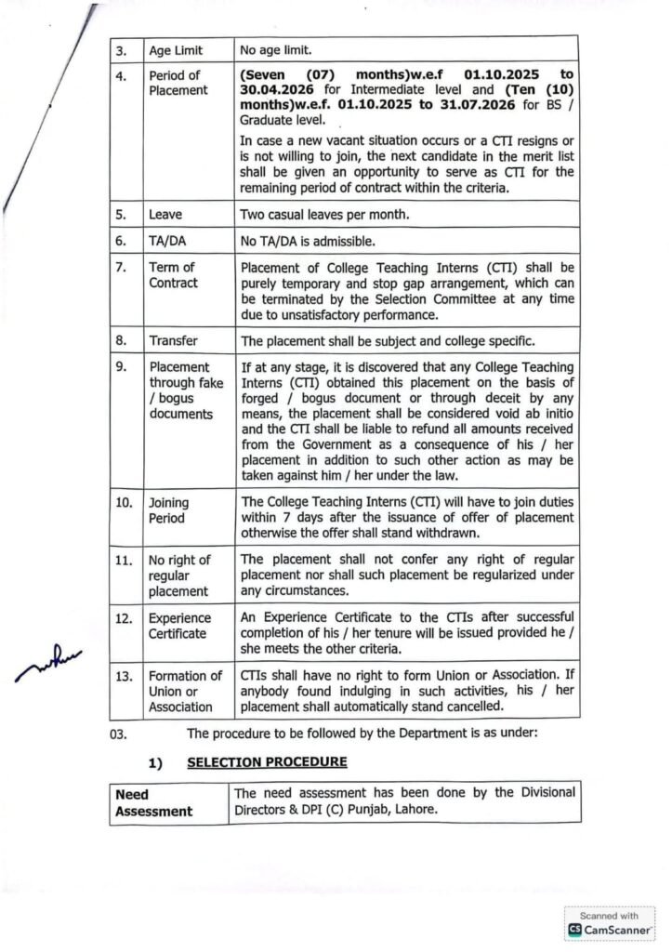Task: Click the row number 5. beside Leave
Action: click(x=121, y=215)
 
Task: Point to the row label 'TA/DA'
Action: click(x=167, y=242)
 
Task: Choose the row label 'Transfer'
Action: click(x=174, y=341)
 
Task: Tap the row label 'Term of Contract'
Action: click(x=173, y=275)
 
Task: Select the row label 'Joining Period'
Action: click(x=168, y=510)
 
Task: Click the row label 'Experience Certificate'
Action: click(x=178, y=626)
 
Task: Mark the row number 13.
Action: click(x=124, y=676)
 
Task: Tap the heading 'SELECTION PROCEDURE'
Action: click(x=267, y=762)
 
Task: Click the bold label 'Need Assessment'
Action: click(x=154, y=803)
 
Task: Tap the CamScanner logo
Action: click(x=610, y=929)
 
